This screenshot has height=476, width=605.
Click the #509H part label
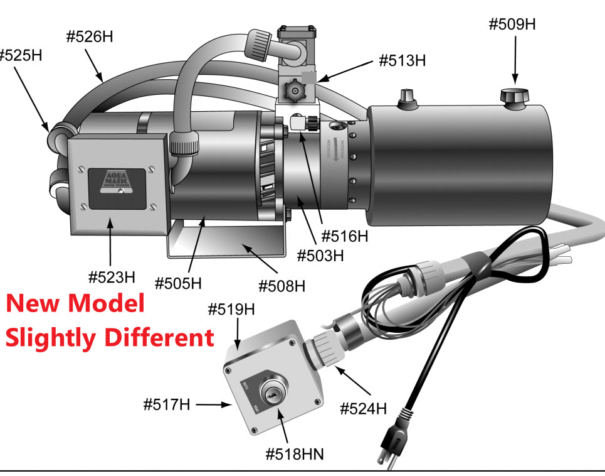[x=512, y=25]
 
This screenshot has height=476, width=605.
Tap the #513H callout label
[x=402, y=61]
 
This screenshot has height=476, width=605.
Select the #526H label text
[x=90, y=36]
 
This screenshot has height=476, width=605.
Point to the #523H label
[x=112, y=276]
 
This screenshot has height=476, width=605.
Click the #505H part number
[x=178, y=283]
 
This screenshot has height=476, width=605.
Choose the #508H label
[x=282, y=286]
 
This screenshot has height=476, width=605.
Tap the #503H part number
[x=320, y=256]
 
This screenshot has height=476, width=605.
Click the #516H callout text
[x=344, y=236]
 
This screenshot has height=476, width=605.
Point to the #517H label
[x=166, y=404]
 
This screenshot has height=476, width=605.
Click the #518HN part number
[x=295, y=453]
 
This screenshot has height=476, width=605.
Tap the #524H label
[x=363, y=409]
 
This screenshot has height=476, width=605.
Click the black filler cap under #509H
[x=515, y=97]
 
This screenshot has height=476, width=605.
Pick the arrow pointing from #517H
[x=213, y=405]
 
